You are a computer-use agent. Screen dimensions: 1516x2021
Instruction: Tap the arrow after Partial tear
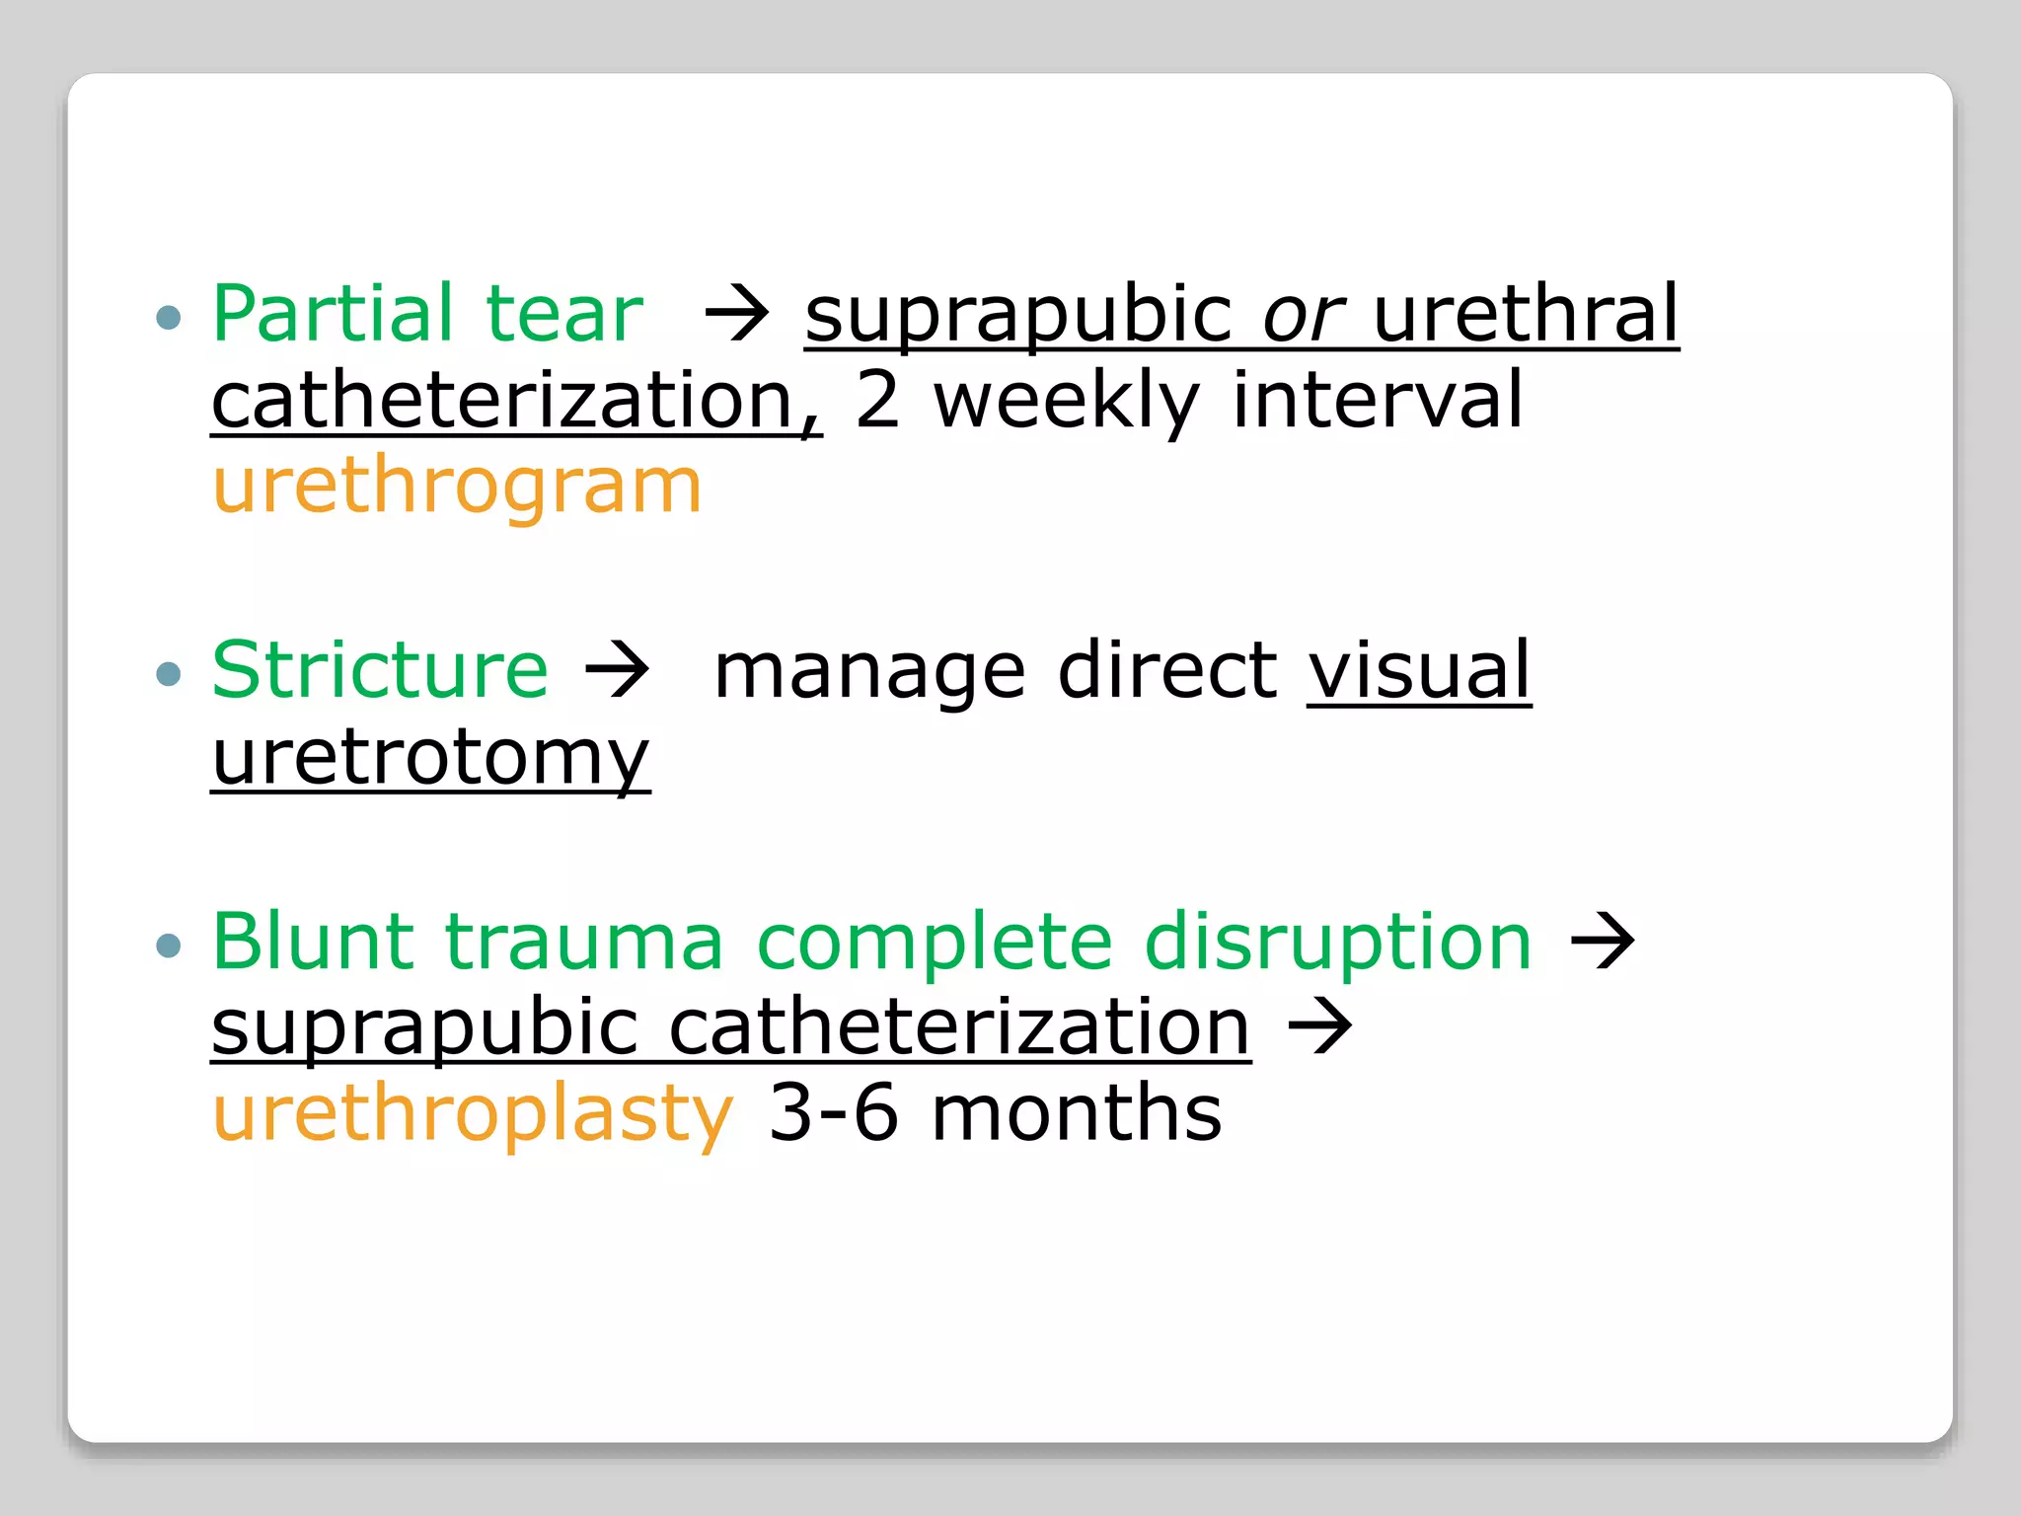[736, 316]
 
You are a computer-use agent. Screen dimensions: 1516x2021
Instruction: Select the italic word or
[1304, 316]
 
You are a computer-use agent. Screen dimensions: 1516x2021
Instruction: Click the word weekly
[1066, 402]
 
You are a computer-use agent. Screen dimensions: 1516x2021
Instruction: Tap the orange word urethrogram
[457, 487]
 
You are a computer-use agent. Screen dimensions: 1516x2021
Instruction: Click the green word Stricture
[380, 670]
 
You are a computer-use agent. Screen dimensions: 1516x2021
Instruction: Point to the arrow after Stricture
[618, 671]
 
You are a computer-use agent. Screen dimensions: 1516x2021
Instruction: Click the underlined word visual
[1419, 670]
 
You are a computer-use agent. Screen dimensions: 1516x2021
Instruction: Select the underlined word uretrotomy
[430, 758]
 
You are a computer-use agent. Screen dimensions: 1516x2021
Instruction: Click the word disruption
[1338, 943]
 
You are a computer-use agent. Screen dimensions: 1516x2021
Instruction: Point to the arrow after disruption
[1603, 943]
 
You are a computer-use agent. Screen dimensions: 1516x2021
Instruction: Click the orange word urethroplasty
[473, 1114]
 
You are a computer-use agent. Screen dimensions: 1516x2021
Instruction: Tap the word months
[1077, 1112]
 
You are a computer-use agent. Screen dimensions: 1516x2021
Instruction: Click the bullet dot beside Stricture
[170, 674]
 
